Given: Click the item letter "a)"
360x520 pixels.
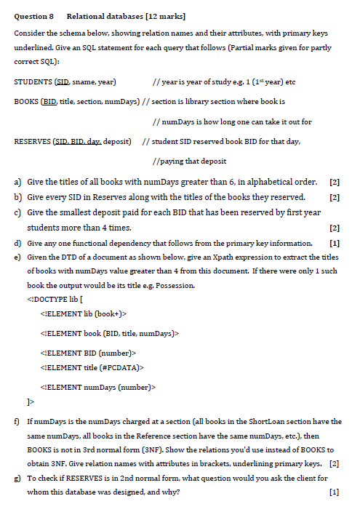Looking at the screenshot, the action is click(x=17, y=182).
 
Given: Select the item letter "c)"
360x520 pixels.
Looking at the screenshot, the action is click(x=17, y=212).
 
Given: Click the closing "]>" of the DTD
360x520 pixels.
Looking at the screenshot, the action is click(x=30, y=401).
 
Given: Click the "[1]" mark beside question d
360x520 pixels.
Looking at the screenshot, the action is click(x=335, y=242).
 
